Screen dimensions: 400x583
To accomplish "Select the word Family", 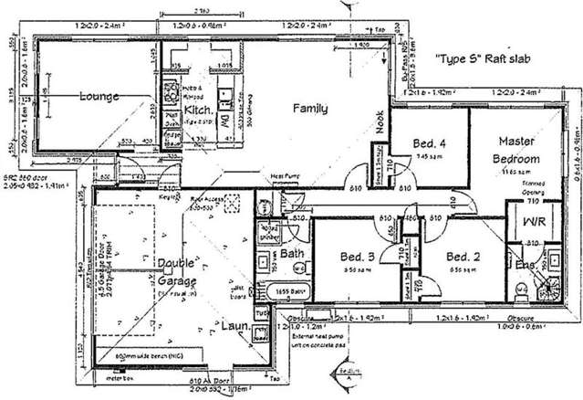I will click(309, 108).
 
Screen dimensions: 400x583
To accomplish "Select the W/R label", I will click(532, 223).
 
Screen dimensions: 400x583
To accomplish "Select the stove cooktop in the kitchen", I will click(170, 91).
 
